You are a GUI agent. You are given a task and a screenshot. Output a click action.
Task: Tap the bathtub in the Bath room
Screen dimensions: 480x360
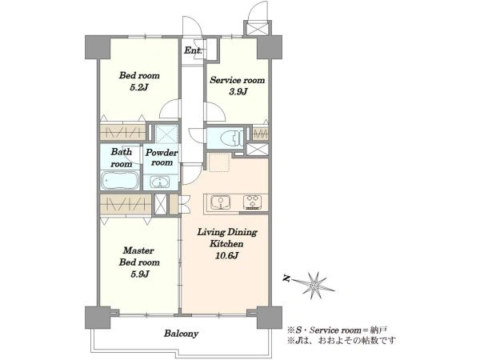click(120, 180)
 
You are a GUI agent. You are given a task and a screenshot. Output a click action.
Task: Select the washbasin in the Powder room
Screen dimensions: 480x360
click(160, 182)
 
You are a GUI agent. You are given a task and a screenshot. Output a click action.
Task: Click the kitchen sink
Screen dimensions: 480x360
click(221, 202)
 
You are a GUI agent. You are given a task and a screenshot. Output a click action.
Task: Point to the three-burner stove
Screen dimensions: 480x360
click(253, 202)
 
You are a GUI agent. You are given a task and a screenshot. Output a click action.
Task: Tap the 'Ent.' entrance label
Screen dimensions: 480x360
click(193, 50)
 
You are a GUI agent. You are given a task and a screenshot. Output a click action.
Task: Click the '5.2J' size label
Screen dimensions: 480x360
click(139, 87)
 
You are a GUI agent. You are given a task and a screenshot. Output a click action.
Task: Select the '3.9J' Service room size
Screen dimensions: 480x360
click(238, 91)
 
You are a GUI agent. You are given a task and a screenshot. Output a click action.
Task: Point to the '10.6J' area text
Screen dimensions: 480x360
click(227, 255)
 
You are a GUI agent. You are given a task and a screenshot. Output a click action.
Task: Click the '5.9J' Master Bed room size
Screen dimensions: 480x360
click(139, 274)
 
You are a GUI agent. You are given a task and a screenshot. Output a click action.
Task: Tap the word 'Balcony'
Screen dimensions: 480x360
click(181, 334)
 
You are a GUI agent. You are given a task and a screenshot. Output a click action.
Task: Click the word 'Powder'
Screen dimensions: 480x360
click(162, 152)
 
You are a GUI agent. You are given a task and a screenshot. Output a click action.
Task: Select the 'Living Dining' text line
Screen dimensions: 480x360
click(227, 232)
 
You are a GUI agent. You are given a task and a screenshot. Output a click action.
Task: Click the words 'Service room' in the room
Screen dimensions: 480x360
click(238, 80)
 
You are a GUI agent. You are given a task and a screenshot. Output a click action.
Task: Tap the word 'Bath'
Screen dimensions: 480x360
click(122, 151)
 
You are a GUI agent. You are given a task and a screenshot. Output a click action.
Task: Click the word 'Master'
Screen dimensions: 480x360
click(138, 250)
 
